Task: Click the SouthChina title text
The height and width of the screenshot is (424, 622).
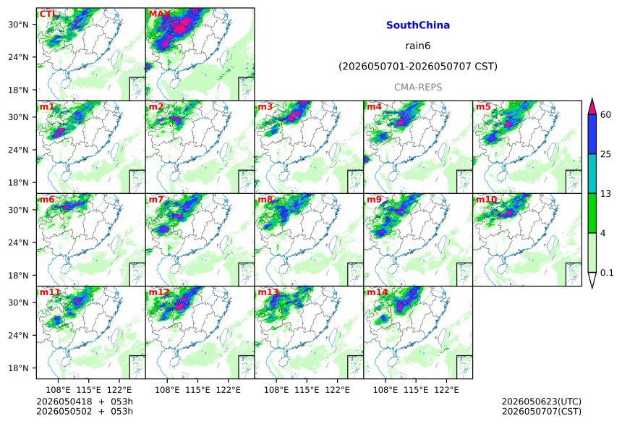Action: click(x=418, y=25)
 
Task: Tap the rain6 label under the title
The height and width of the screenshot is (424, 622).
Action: click(x=418, y=46)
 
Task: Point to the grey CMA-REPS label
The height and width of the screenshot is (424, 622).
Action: click(x=418, y=88)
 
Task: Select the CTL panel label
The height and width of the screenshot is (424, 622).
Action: click(x=48, y=14)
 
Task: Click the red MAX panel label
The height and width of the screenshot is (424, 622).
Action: click(x=159, y=14)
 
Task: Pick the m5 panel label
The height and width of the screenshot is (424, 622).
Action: click(x=483, y=107)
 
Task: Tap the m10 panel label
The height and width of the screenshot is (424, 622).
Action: click(x=486, y=199)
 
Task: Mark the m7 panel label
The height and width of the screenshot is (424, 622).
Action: click(x=156, y=199)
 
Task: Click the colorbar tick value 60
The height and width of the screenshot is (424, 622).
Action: click(x=606, y=115)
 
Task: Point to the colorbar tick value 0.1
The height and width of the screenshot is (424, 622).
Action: click(x=607, y=273)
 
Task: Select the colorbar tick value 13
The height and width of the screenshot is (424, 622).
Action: click(x=606, y=194)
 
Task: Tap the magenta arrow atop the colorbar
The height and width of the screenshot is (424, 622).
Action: click(x=592, y=106)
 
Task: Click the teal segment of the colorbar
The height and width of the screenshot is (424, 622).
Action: click(x=592, y=174)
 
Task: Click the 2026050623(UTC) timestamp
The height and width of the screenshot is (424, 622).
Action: click(x=542, y=402)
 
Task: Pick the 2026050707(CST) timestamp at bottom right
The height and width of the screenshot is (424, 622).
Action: click(x=542, y=411)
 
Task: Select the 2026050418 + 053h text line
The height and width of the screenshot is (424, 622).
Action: click(x=85, y=402)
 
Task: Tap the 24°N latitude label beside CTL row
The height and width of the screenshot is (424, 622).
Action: click(x=18, y=57)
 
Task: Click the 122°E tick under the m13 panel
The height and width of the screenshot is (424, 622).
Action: click(x=338, y=390)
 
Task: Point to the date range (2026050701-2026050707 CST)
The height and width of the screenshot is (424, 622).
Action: click(x=418, y=67)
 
